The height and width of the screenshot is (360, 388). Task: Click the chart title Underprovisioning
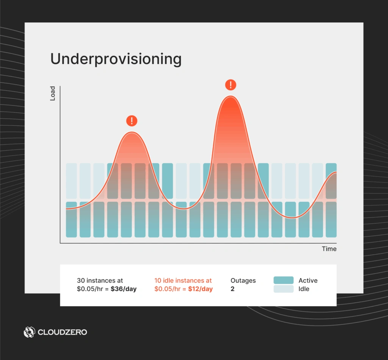[116, 60]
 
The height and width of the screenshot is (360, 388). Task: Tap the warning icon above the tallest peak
[230, 85]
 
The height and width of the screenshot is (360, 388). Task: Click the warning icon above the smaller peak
[131, 121]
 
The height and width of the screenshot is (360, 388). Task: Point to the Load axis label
[53, 93]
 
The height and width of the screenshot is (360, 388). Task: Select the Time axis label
[329, 249]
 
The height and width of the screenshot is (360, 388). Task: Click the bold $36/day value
[124, 289]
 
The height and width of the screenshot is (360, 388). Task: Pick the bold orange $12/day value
[200, 289]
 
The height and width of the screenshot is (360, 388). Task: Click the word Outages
[243, 281]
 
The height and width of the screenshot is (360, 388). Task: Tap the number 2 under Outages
[233, 289]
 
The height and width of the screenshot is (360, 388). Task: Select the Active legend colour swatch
[283, 280]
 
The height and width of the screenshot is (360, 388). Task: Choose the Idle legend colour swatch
[283, 289]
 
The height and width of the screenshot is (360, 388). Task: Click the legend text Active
[308, 281]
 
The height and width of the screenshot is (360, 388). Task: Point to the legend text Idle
[304, 289]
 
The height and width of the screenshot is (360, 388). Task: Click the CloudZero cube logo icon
[29, 332]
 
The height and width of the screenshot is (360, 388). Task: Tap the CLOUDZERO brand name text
[62, 332]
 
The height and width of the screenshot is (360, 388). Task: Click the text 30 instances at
[100, 281]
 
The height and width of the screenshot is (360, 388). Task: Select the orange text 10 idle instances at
[183, 281]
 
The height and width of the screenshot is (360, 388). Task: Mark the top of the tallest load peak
[230, 97]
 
